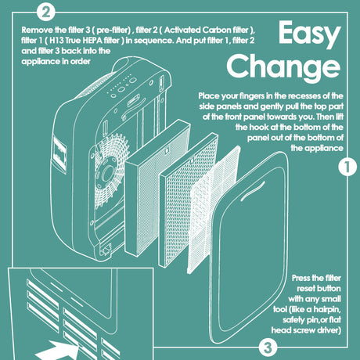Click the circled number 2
point(46,12)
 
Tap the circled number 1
point(347,167)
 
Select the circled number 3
point(268,347)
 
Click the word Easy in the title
point(310,34)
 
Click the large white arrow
point(57,351)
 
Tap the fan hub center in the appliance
point(107,172)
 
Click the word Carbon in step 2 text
point(217,30)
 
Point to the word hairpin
point(327,310)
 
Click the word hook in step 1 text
point(257,128)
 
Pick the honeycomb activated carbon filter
point(189,199)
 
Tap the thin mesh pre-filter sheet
point(214,210)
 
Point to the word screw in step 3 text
point(302,330)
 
